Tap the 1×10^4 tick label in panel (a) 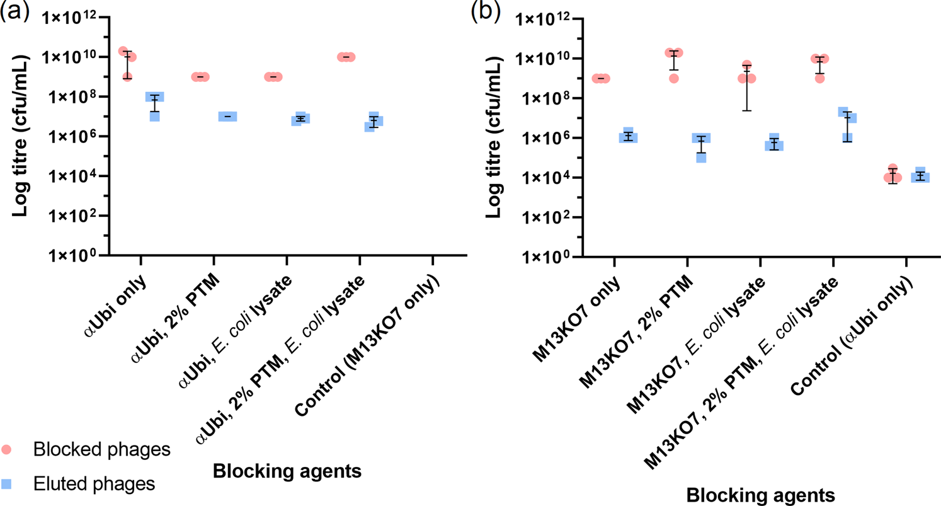tap(69, 176)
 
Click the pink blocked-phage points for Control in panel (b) tap(892, 176)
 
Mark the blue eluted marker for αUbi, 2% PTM tap(227, 117)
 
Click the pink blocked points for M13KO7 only tap(601, 79)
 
